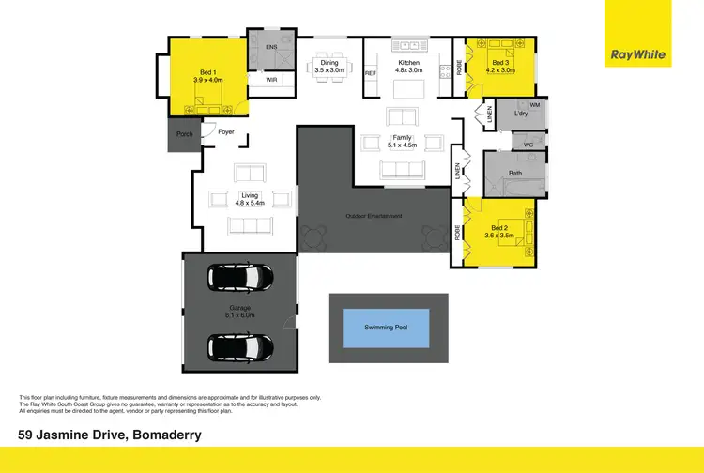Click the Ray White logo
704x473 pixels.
pyautogui.click(x=639, y=54)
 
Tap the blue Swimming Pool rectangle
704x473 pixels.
pyautogui.click(x=388, y=328)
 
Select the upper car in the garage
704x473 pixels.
pyautogui.click(x=242, y=278)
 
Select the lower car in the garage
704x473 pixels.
pyautogui.click(x=242, y=348)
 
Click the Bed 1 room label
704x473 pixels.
pyautogui.click(x=208, y=71)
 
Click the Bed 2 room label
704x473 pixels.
pyautogui.click(x=500, y=228)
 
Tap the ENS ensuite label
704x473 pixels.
pyautogui.click(x=272, y=46)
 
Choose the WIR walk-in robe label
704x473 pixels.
pyautogui.click(x=271, y=81)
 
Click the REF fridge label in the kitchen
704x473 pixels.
pyautogui.click(x=370, y=72)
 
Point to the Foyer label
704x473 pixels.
pyautogui.click(x=226, y=132)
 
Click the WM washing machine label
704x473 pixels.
pyautogui.click(x=534, y=105)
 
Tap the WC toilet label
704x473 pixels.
pyautogui.click(x=528, y=145)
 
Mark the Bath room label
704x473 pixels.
pyautogui.click(x=515, y=173)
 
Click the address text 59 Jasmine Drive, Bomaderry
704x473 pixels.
pyautogui.click(x=110, y=435)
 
